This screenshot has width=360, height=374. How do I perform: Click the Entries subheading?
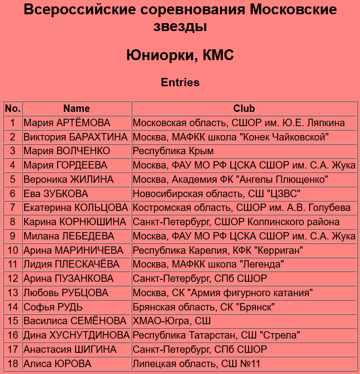180,82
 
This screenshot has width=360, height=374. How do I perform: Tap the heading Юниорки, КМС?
180,55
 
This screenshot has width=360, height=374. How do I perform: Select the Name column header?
76,108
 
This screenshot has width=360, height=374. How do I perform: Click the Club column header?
244,108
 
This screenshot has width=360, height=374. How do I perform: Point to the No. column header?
13,108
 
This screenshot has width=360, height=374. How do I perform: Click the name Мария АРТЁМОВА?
67,123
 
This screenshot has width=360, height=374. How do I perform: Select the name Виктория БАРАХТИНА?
75,137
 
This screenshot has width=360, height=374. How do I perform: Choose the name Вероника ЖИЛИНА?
69,179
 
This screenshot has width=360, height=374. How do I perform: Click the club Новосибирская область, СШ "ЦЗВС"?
216,194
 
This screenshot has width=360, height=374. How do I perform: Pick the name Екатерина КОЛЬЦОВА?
76,207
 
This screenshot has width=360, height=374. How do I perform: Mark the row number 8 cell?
13,222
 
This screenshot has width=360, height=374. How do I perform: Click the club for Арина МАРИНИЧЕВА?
218,250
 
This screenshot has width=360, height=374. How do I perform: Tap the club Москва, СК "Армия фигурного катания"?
223,293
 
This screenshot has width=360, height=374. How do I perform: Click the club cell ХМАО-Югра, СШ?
172,321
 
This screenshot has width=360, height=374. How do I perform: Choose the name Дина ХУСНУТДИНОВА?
76,336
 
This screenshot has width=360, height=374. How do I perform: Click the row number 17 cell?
13,349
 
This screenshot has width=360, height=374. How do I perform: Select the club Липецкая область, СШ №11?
196,364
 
